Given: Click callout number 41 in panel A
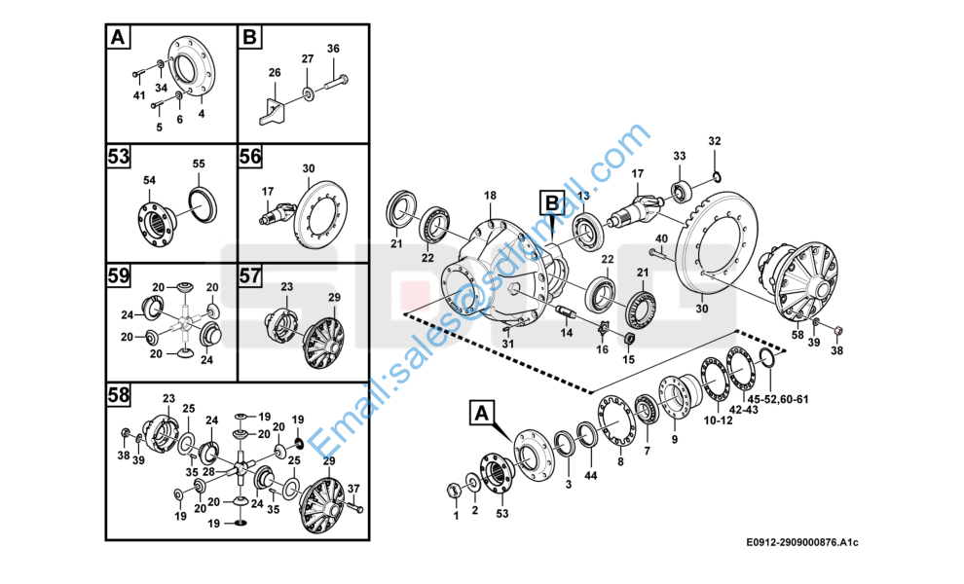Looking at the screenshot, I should [139, 95].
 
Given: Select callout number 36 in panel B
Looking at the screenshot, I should [333, 49].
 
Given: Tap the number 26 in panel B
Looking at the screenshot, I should [275, 73].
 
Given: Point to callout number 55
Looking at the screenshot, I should [199, 164].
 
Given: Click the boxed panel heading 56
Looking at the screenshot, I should [251, 157].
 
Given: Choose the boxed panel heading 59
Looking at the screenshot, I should [119, 275].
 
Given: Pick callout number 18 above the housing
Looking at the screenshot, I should [490, 196].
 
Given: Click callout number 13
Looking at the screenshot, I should [583, 197].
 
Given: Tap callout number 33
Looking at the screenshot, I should [680, 156].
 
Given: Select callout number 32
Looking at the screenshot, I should [715, 141].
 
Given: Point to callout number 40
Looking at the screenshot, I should [661, 238].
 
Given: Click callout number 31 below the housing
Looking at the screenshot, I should [507, 344].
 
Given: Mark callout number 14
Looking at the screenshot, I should [566, 333].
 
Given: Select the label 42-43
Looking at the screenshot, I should [743, 411].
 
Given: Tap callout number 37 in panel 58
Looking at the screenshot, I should [353, 488].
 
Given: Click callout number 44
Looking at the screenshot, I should [590, 475].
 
